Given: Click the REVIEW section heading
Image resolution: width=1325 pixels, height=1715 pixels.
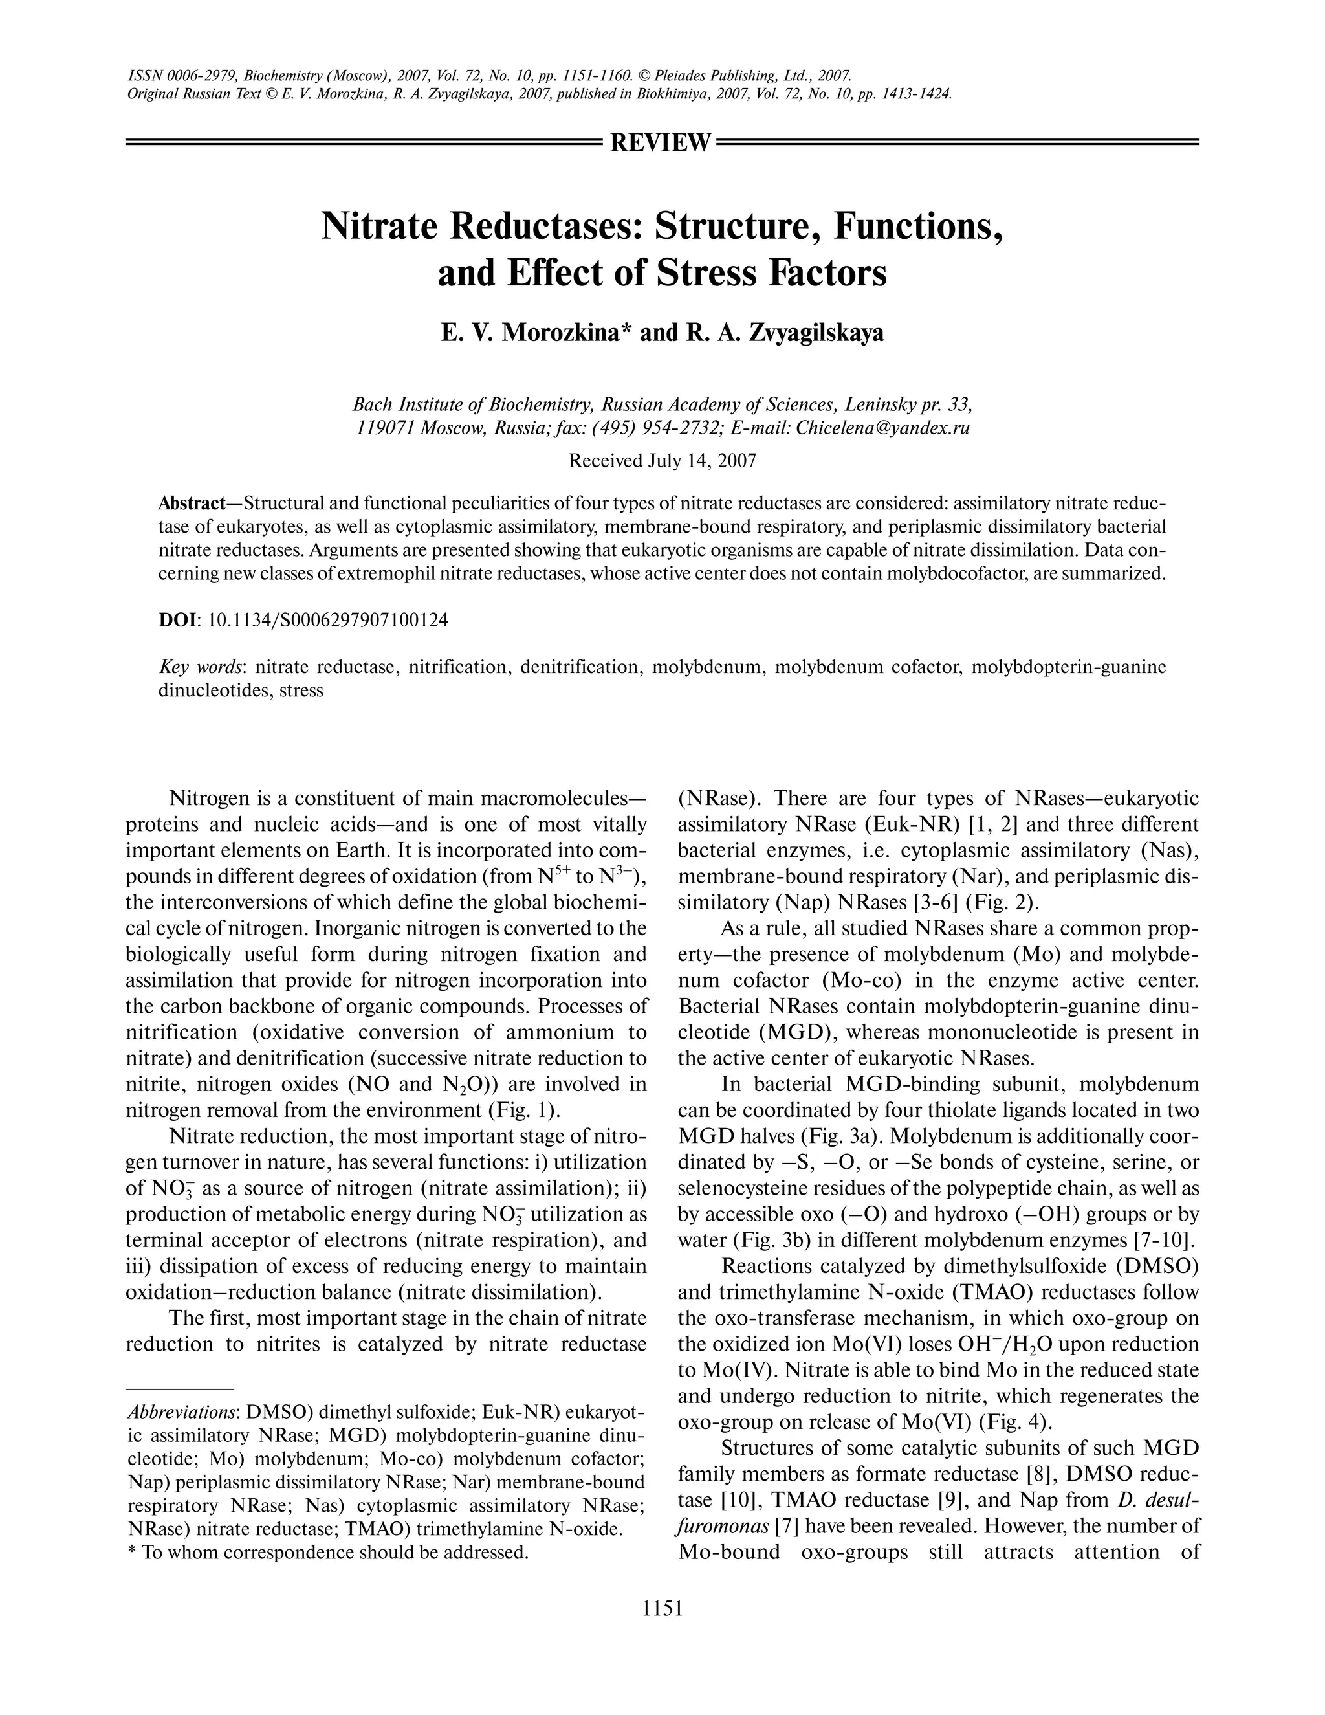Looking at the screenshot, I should (661, 143).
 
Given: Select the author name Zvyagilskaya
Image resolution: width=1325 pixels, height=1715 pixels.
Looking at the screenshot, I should (816, 333).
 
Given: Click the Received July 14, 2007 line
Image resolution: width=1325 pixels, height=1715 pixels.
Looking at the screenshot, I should (662, 461).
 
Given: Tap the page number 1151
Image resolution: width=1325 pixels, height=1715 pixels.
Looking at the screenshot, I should (662, 1608).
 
